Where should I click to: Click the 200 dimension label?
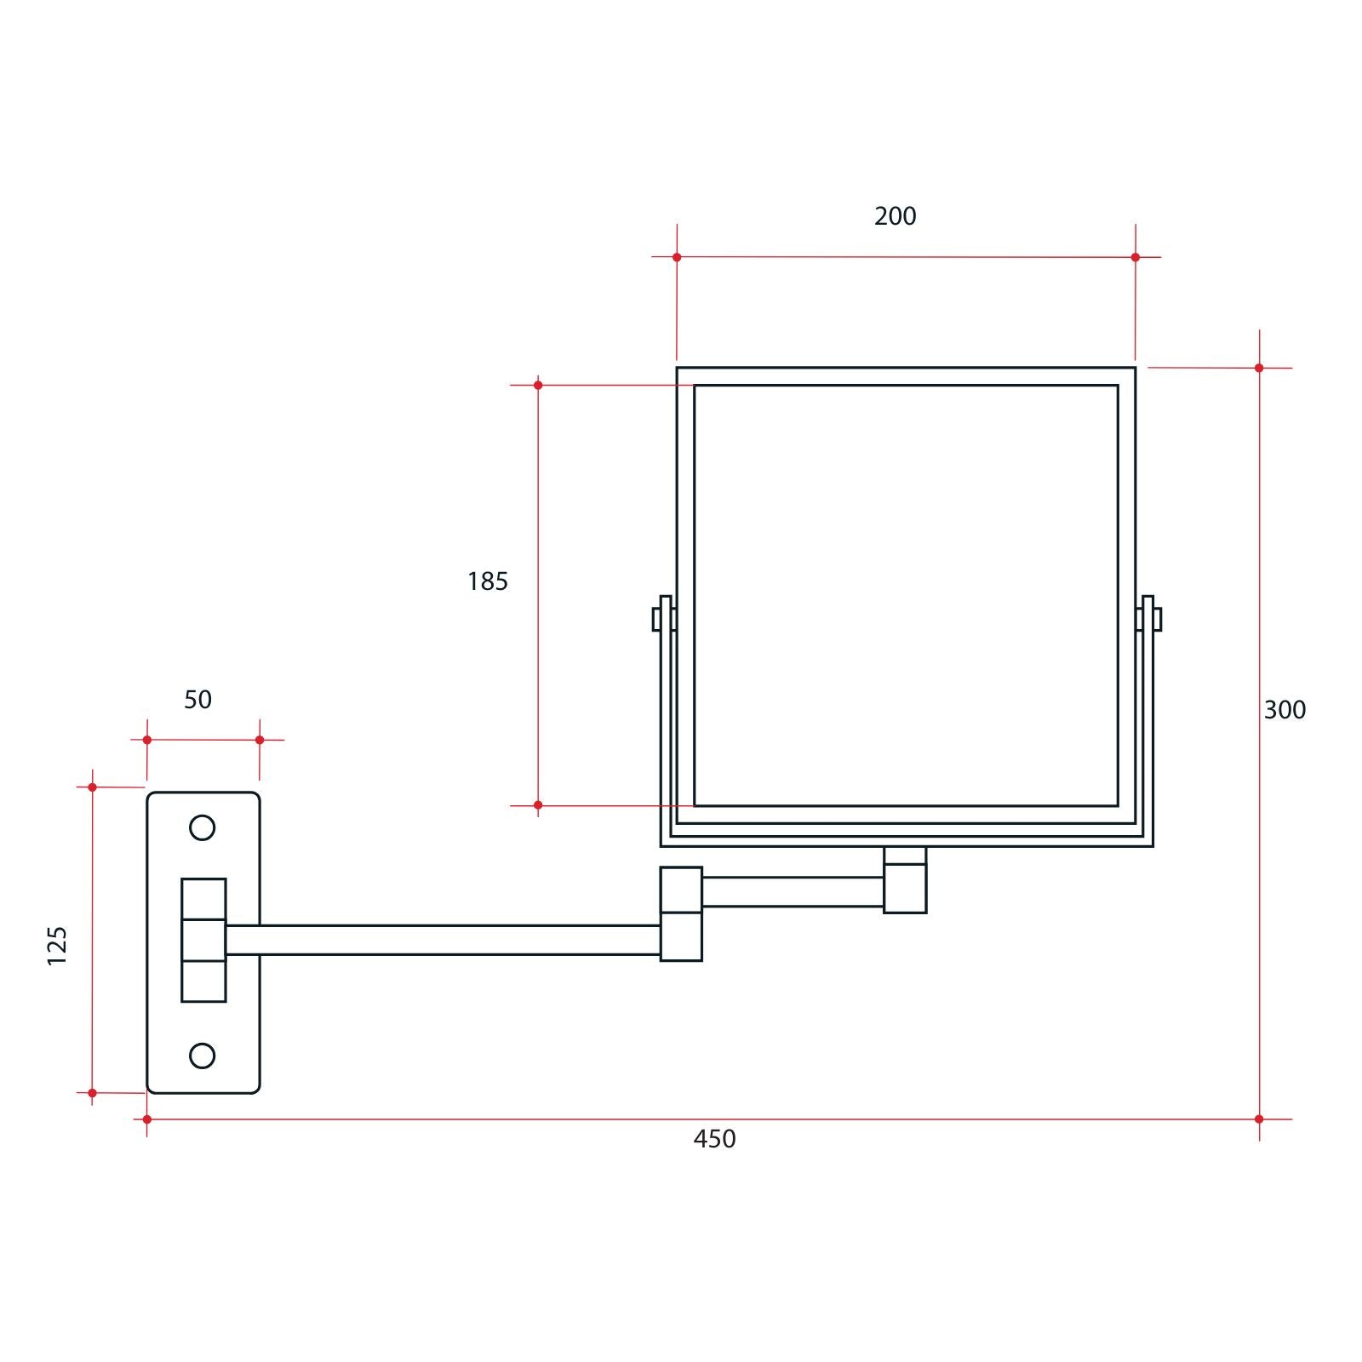(x=895, y=216)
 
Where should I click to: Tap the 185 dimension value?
(x=487, y=581)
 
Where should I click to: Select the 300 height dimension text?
(x=1284, y=710)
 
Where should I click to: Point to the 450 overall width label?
(x=714, y=1139)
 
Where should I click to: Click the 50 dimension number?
(x=197, y=700)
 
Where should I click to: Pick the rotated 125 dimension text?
(x=56, y=945)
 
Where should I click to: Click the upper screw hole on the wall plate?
(x=202, y=827)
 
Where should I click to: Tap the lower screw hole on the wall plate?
(x=202, y=1056)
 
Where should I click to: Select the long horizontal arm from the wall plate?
(x=443, y=940)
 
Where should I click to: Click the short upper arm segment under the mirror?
(x=792, y=891)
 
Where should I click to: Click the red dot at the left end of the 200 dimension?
(x=677, y=257)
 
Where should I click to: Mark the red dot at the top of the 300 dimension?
(x=1259, y=368)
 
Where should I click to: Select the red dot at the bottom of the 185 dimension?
(x=538, y=804)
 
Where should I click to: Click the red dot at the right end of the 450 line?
(x=1259, y=1119)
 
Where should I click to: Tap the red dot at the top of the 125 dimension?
(x=93, y=787)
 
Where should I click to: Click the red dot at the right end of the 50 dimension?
(x=260, y=740)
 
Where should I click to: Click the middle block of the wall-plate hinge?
(x=203, y=940)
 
